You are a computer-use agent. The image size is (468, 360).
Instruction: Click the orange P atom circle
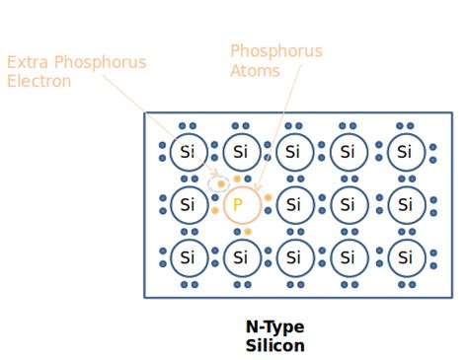(238, 206)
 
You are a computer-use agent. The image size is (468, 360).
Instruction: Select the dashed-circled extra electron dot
(221, 182)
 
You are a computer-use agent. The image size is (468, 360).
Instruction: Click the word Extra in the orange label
(27, 62)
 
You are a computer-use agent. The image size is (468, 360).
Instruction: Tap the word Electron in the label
(39, 81)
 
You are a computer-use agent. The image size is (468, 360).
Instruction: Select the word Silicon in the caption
(274, 345)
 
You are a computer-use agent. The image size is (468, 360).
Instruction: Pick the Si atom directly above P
(240, 153)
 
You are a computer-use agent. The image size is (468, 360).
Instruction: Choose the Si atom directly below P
(240, 258)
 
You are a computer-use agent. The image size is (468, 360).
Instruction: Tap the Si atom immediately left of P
(187, 206)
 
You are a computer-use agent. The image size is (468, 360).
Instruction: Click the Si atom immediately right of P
(293, 206)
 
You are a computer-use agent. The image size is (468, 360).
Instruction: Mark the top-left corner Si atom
(187, 153)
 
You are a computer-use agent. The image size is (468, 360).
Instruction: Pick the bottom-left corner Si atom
(187, 258)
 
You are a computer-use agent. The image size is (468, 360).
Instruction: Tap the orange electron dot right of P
(268, 197)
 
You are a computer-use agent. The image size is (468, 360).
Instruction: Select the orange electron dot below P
(248, 232)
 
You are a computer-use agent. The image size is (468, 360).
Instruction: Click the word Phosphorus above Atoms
(275, 50)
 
